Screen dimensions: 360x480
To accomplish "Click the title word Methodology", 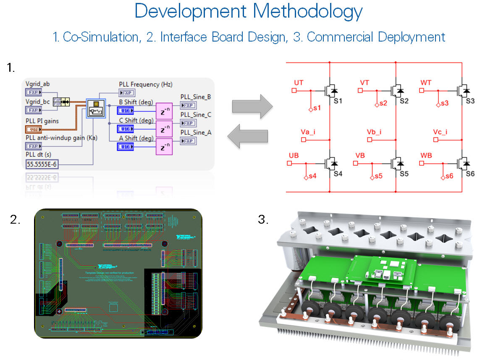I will pyautogui.click(x=307, y=11).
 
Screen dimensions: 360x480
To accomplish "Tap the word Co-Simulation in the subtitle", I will pyautogui.click(x=101, y=37).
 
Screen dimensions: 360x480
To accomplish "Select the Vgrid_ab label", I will pyautogui.click(x=37, y=84).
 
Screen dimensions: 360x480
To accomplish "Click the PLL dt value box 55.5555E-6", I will pyautogui.click(x=42, y=164).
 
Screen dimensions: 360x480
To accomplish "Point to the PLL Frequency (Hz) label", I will pyautogui.click(x=145, y=84).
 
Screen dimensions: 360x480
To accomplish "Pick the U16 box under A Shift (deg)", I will pyautogui.click(x=125, y=146).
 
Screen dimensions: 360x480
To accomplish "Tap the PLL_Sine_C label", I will pyautogui.click(x=195, y=115).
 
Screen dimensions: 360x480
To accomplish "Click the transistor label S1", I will pyautogui.click(x=338, y=101).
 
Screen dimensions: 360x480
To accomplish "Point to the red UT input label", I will pyautogui.click(x=299, y=83).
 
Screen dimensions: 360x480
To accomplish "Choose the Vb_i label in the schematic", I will pyautogui.click(x=374, y=133).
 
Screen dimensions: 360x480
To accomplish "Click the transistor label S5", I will pyautogui.click(x=404, y=173).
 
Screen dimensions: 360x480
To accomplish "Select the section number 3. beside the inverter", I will pyautogui.click(x=263, y=219).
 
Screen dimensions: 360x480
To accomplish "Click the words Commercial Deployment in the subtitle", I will pyautogui.click(x=376, y=37).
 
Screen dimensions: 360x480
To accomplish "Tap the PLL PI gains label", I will pyautogui.click(x=42, y=121).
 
